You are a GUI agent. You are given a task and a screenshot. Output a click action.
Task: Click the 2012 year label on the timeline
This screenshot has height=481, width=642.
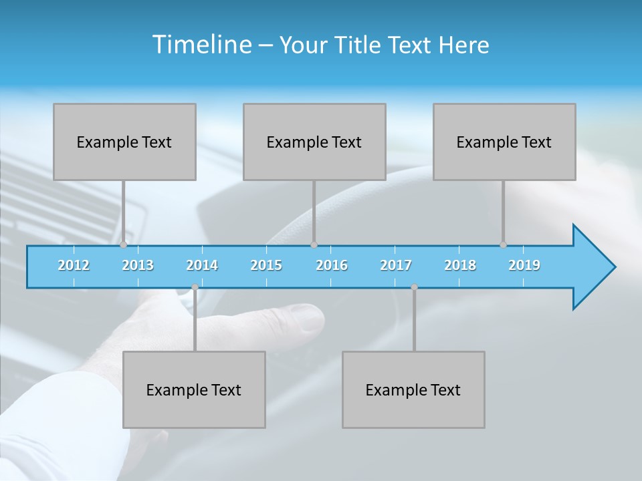pyautogui.click(x=74, y=265)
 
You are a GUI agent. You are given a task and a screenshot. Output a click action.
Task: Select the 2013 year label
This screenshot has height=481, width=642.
pyautogui.click(x=138, y=265)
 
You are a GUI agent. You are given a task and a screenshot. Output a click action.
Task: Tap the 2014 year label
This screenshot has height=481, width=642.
pyautogui.click(x=202, y=265)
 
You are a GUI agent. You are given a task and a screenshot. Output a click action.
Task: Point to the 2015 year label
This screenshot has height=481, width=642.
pyautogui.click(x=266, y=265)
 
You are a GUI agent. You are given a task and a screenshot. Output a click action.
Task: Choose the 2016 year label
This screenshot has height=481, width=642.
pyautogui.click(x=332, y=265)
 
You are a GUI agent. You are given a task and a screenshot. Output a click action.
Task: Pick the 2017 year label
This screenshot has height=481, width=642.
pyautogui.click(x=396, y=265)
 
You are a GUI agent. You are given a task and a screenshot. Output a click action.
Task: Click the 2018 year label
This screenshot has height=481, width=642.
pyautogui.click(x=460, y=265)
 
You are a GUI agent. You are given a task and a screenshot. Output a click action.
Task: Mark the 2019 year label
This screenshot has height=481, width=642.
pyautogui.click(x=524, y=265)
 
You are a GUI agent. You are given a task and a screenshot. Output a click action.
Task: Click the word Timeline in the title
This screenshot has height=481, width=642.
pyautogui.click(x=200, y=45)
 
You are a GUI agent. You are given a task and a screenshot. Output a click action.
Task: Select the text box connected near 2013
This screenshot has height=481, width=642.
pyautogui.click(x=124, y=142)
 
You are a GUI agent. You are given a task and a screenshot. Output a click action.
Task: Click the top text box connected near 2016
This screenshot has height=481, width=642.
pyautogui.click(x=314, y=142)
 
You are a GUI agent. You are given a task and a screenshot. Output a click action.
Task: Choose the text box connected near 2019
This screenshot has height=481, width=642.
pyautogui.click(x=504, y=142)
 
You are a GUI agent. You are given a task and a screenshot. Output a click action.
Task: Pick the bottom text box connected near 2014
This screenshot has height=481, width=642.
pyautogui.click(x=194, y=389)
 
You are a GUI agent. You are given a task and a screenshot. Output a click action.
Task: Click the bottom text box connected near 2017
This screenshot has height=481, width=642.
pyautogui.click(x=413, y=389)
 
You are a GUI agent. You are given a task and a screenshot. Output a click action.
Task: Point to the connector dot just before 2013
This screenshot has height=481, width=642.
pyautogui.click(x=123, y=245)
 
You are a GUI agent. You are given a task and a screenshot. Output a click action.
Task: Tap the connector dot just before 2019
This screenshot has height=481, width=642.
pyautogui.click(x=503, y=245)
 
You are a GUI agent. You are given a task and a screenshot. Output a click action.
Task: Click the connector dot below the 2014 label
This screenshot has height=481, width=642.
pyautogui.click(x=195, y=287)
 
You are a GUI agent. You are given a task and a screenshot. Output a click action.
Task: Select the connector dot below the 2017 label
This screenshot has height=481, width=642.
pyautogui.click(x=414, y=287)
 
